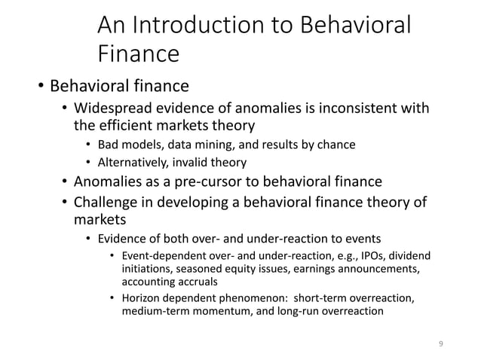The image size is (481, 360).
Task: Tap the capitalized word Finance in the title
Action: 139,54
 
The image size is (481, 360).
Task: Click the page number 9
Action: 441,344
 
